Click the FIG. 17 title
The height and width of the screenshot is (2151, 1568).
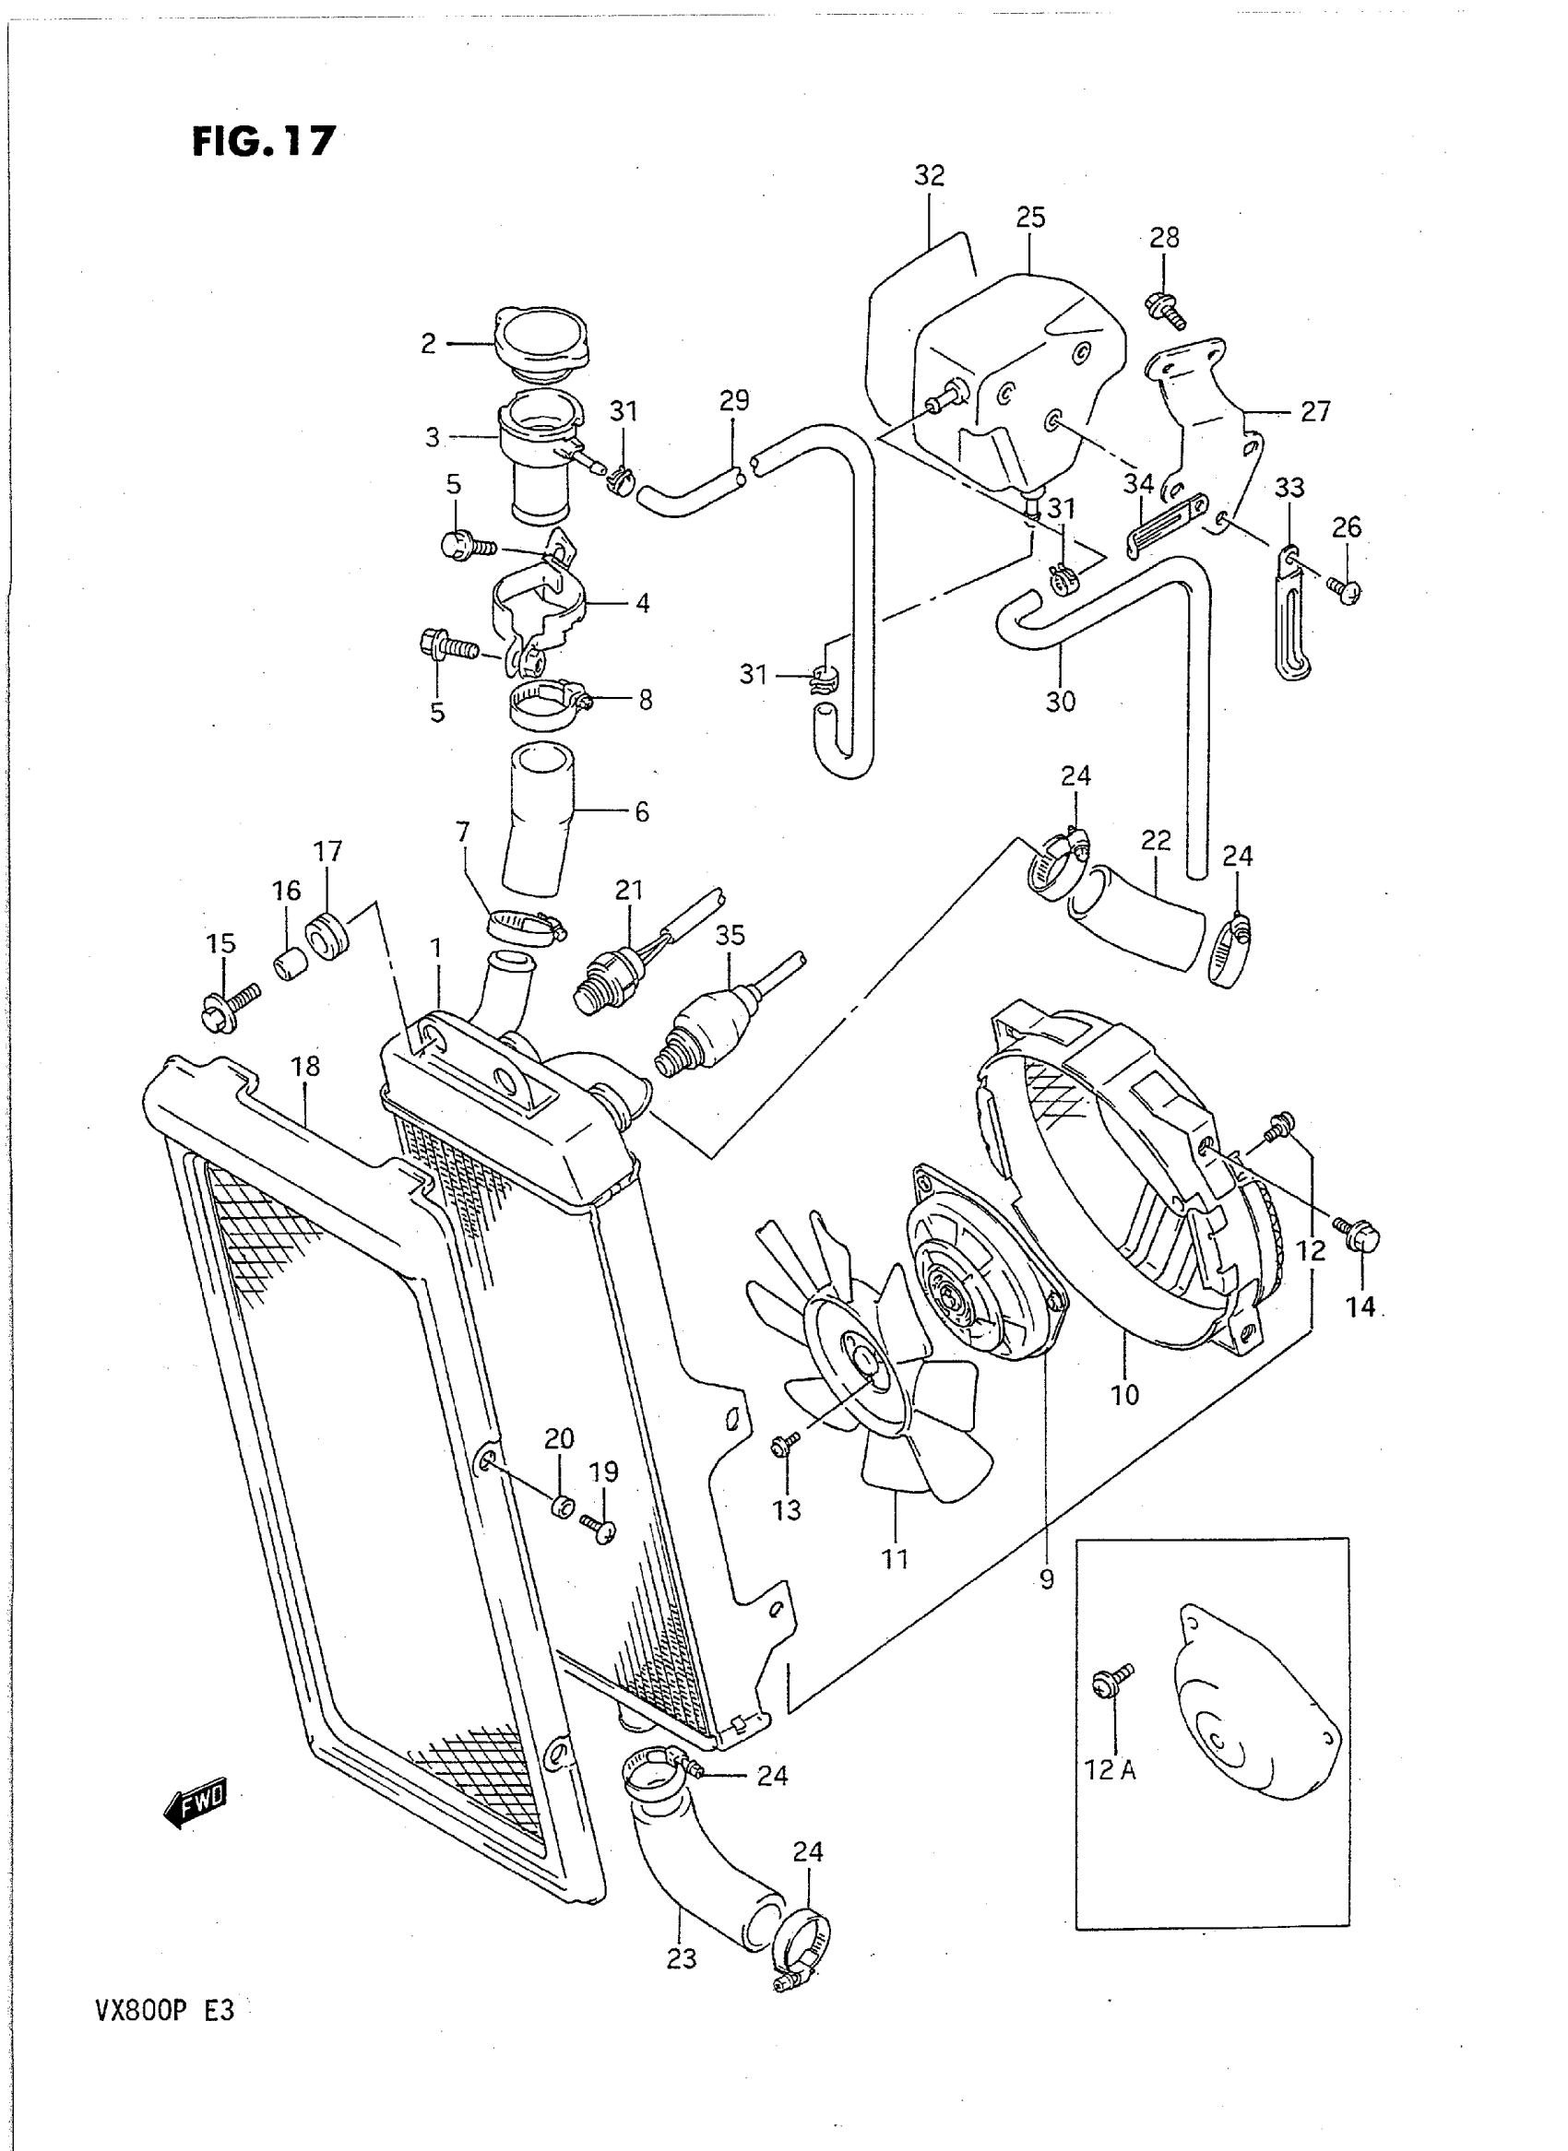pos(263,141)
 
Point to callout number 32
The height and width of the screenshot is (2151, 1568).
pos(929,175)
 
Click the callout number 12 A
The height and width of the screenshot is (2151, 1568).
pos(1111,1769)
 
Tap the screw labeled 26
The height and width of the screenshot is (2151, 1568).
pos(1345,590)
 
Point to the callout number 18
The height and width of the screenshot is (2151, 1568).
pos(305,1067)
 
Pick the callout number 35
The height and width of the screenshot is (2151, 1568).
pos(730,936)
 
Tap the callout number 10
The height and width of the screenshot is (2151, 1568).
pos(1124,1395)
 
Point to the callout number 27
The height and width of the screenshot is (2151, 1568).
pos(1314,412)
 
